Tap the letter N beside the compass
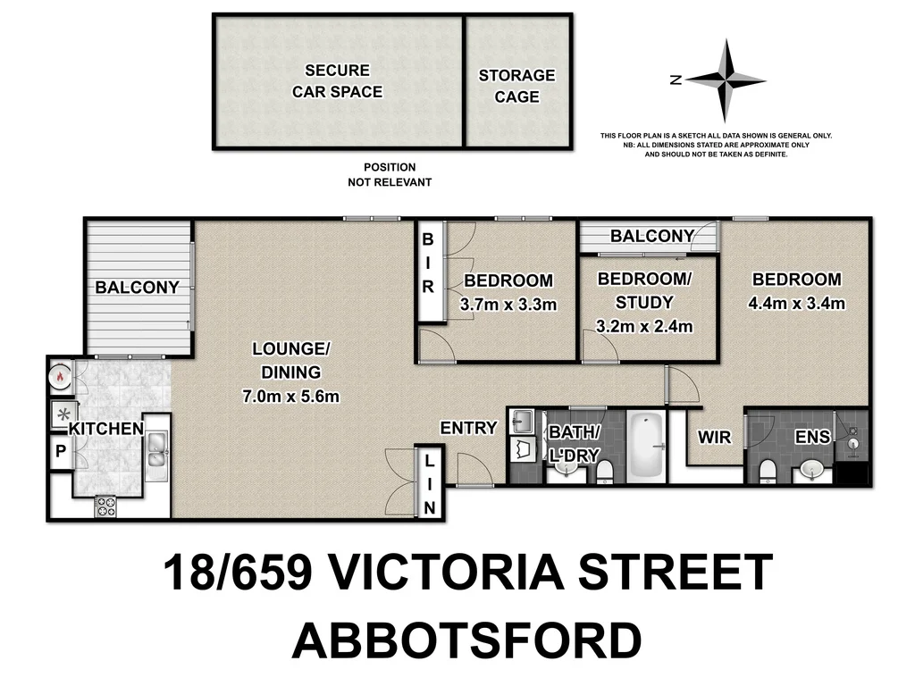(x=676, y=80)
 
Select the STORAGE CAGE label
(x=516, y=86)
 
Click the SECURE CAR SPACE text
(x=337, y=80)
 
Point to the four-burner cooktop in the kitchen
(x=105, y=506)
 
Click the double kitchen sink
(x=155, y=448)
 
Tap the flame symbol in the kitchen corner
(x=60, y=376)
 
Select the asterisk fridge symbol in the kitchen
(x=62, y=414)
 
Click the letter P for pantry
(x=61, y=451)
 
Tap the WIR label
(x=713, y=437)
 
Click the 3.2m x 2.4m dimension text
(x=644, y=326)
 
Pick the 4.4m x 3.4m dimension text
(x=796, y=303)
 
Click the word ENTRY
(x=468, y=428)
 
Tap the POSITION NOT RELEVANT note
(x=390, y=174)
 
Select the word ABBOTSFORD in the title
(x=466, y=640)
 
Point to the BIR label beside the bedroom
(x=428, y=264)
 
